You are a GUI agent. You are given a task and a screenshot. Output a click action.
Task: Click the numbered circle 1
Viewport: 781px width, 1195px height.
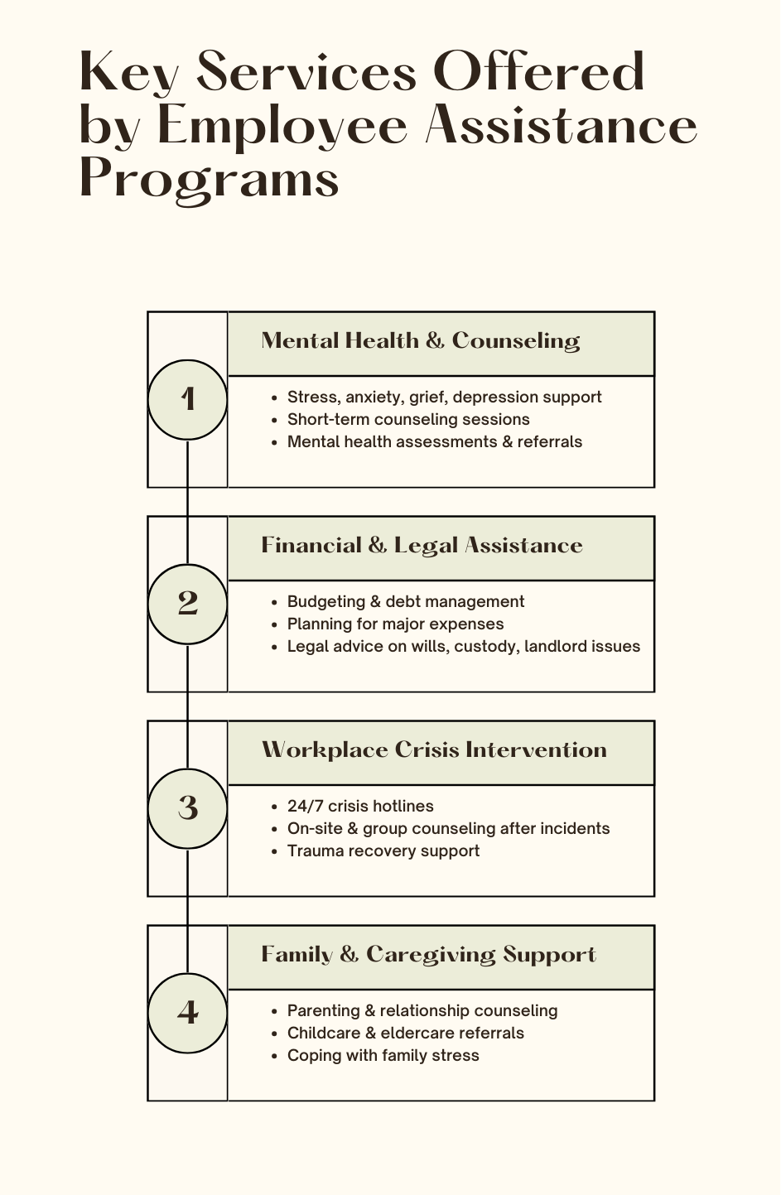187,399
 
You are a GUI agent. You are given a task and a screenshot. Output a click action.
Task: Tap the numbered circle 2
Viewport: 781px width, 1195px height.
187,604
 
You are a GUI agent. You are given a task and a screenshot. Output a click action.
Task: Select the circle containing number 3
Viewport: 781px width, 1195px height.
187,808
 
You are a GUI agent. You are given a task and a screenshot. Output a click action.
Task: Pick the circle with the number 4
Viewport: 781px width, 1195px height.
187,1013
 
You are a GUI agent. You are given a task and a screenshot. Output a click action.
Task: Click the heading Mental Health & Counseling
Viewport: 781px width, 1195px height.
420,341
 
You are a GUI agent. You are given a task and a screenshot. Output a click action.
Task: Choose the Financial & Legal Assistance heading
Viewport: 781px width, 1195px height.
422,546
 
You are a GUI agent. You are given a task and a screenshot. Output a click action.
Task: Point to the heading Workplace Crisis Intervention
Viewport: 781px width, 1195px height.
434,750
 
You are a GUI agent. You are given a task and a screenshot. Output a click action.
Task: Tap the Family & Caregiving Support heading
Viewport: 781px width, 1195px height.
428,955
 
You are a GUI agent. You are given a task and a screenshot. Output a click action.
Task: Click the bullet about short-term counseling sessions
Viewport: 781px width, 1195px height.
407,420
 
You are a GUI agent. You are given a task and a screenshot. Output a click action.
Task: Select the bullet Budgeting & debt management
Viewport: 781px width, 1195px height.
405,602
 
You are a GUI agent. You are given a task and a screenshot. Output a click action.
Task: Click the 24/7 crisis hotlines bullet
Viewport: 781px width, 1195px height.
359,807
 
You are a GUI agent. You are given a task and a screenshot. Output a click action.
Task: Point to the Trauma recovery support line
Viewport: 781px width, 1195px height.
383,851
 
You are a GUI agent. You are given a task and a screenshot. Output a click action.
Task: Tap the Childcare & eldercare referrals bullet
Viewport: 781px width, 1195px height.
405,1034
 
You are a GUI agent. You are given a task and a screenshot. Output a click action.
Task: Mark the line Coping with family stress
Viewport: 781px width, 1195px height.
383,1056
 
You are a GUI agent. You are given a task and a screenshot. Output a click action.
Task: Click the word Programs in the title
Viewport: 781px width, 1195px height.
209,179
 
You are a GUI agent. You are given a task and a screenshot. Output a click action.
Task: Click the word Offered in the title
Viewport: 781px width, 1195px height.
538,73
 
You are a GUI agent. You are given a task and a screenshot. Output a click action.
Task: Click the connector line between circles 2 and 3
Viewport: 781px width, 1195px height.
188,706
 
